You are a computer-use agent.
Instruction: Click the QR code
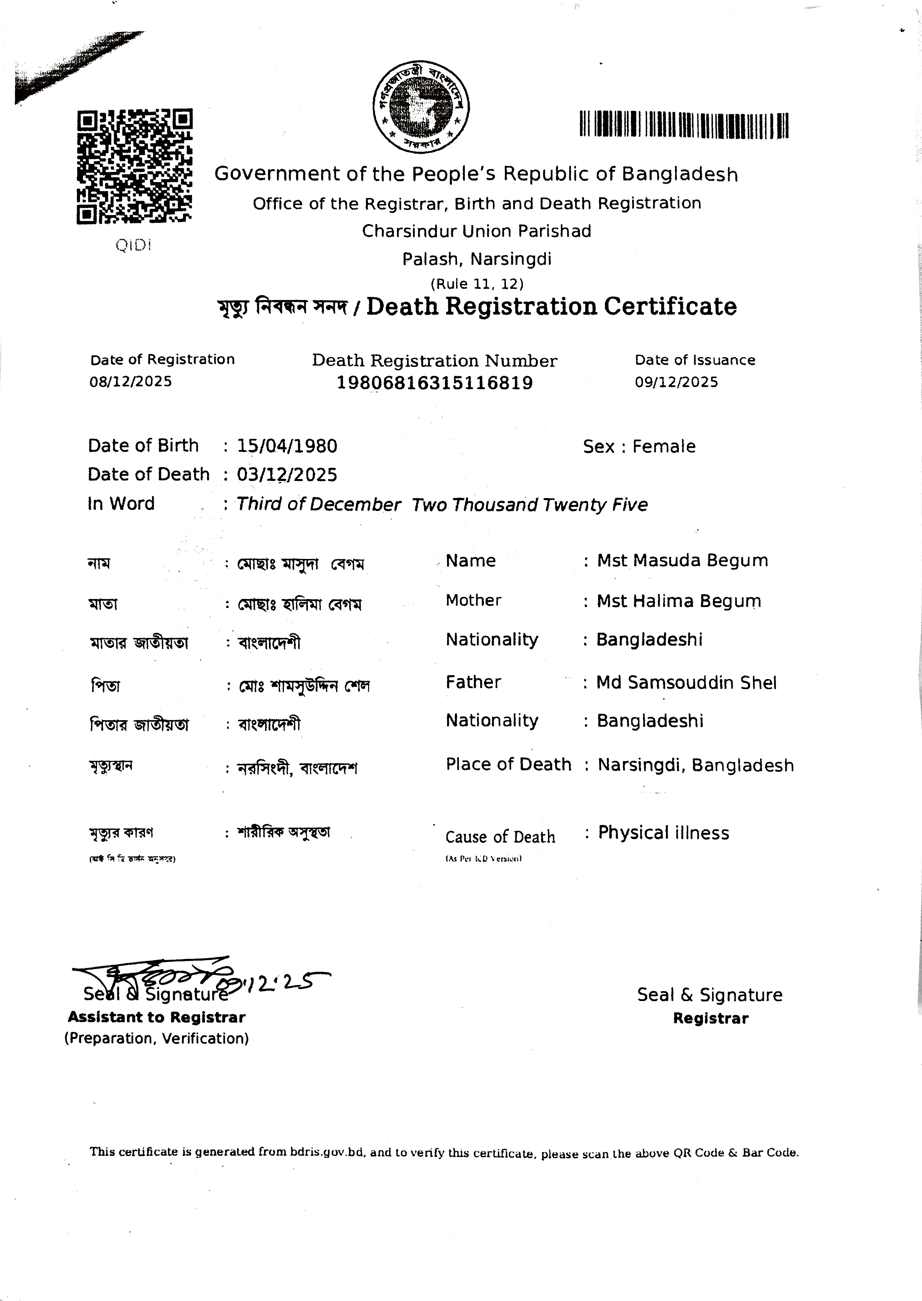click(x=135, y=166)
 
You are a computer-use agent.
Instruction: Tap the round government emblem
click(x=421, y=106)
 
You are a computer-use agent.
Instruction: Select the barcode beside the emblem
click(x=684, y=124)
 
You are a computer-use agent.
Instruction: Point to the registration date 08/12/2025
click(x=130, y=381)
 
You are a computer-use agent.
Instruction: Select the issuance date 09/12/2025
click(x=676, y=381)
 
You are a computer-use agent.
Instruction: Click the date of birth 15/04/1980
click(x=287, y=446)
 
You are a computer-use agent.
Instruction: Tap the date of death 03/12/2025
click(x=287, y=475)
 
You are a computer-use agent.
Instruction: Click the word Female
click(x=664, y=446)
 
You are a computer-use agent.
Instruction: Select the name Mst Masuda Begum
click(x=682, y=560)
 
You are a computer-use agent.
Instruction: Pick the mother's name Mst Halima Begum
click(x=678, y=601)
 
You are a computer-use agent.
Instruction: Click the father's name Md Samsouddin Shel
click(x=686, y=682)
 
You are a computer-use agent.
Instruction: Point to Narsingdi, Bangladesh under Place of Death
click(x=696, y=765)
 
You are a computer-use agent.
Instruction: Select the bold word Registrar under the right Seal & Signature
click(x=710, y=1018)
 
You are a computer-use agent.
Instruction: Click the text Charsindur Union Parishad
click(x=476, y=231)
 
